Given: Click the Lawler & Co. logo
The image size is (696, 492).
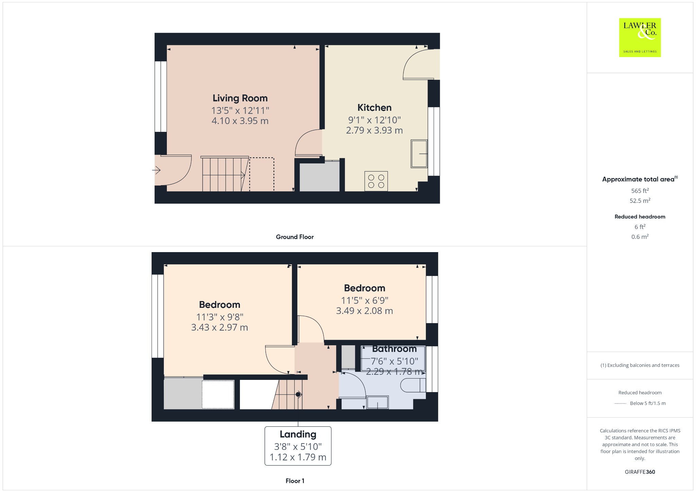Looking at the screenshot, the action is coord(640,37).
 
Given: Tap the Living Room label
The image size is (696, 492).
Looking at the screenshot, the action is coord(240,98).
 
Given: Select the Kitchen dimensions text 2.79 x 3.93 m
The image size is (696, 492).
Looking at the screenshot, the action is coord(374,130).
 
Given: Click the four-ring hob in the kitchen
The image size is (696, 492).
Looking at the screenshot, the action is coord(376,181).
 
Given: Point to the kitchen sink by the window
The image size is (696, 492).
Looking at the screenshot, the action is coord(419,154).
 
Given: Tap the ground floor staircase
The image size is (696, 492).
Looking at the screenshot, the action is coord(224,174).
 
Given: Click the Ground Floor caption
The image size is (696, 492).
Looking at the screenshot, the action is coord(295,237).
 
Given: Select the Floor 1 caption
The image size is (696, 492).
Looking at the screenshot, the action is coord(295,481).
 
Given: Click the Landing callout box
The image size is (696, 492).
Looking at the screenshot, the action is coord(298,446).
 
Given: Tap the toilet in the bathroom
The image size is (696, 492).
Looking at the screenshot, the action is coord(413,385).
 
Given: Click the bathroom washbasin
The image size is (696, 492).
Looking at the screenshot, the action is coord(378,402).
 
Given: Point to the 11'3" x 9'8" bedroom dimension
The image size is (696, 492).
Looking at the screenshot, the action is coord(220,317).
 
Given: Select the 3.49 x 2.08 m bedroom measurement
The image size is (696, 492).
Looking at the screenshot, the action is coord(364,311).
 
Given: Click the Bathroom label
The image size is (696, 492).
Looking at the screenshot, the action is coord(394,349).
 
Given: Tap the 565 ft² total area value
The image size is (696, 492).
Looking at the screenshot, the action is coord(640,191).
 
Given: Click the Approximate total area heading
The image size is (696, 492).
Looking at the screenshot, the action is coord(640,179).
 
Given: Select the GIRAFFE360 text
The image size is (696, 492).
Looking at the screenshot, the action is coord(640,472).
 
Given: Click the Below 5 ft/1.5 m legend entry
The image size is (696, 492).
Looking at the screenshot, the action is coord(648,403).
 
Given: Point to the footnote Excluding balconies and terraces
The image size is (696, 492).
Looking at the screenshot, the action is coord(640,365).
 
